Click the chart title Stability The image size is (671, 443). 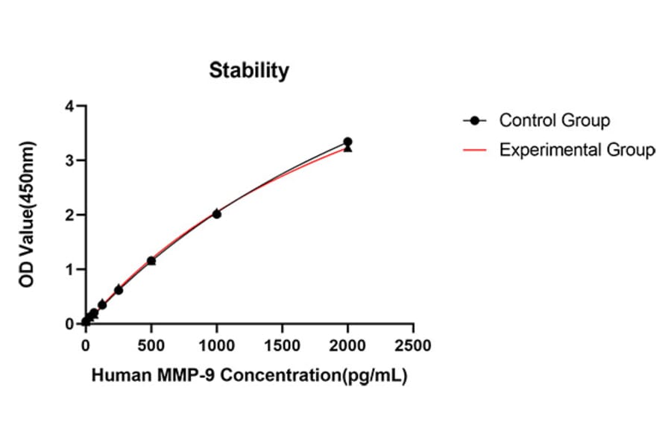tap(248, 71)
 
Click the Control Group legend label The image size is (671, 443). tap(554, 120)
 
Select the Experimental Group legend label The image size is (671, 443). tap(577, 150)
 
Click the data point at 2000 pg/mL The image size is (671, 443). tap(347, 142)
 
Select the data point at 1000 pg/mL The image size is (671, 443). tap(216, 213)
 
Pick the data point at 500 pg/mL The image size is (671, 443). tap(151, 261)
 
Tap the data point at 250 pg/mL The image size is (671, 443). tap(119, 289)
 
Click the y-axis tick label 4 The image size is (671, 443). tap(69, 106)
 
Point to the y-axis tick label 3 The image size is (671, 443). tap(69, 160)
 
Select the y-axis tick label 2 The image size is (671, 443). tap(69, 215)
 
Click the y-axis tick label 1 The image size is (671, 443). tap(69, 269)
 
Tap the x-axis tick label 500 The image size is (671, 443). tap(151, 346)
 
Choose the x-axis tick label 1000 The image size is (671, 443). tap(216, 346)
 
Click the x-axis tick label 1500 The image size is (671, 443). tap(282, 346)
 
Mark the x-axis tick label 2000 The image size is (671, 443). tap(347, 346)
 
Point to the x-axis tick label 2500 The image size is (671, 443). tap(413, 346)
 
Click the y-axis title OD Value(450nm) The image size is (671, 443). tap(28, 215)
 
